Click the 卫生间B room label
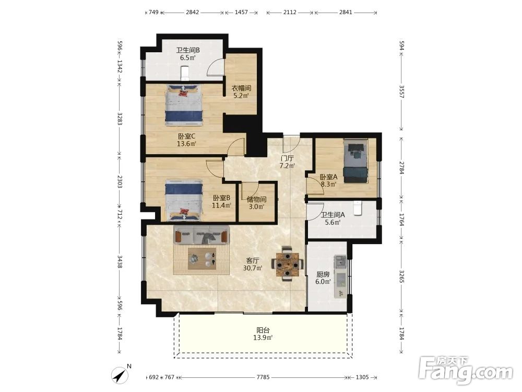pyautogui.click(x=188, y=50)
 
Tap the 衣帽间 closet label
pyautogui.click(x=241, y=88)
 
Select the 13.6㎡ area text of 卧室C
pyautogui.click(x=186, y=144)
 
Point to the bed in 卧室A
pyautogui.click(x=356, y=161)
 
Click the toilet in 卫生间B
pyautogui.click(x=185, y=73)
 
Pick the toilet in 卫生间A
pyautogui.click(x=358, y=208)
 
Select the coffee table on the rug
pyautogui.click(x=201, y=259)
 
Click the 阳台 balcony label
pyautogui.click(x=263, y=330)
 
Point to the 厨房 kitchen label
pyautogui.click(x=323, y=274)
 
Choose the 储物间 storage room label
pyautogui.click(x=256, y=199)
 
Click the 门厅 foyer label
pyautogui.click(x=287, y=158)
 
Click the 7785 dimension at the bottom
pyautogui.click(x=263, y=377)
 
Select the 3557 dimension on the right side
pyautogui.click(x=401, y=91)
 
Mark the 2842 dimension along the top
pyautogui.click(x=193, y=13)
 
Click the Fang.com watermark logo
pyautogui.click(x=466, y=371)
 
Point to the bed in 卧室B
pyautogui.click(x=184, y=200)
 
